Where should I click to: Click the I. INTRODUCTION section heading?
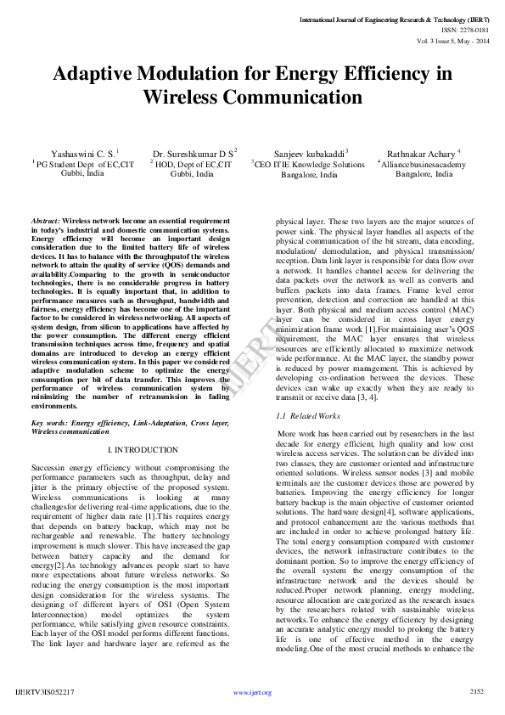pos(143,449)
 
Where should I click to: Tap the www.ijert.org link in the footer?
pos(252,693)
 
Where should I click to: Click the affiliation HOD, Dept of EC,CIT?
pos(193,163)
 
